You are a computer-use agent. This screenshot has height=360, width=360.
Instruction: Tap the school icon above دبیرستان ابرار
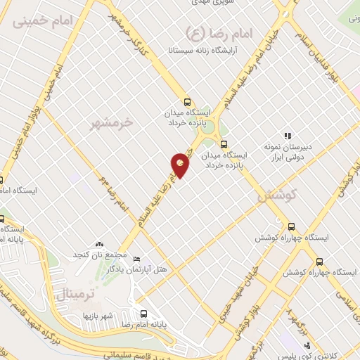[288, 136]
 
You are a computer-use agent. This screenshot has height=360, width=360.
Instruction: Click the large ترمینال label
[85, 290]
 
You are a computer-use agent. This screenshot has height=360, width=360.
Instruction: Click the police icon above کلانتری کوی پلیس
[307, 345]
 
